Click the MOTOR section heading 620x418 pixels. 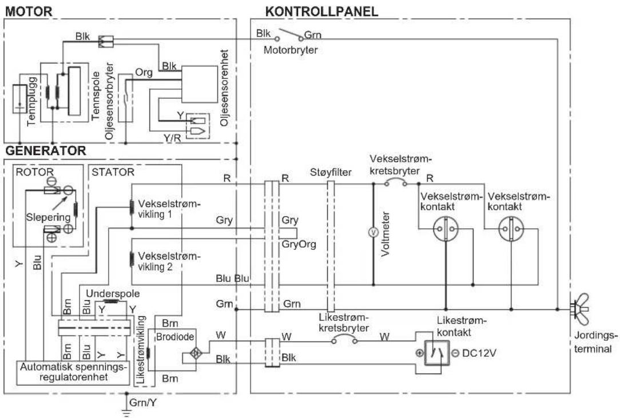(29, 11)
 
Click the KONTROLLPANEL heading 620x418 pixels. (321, 11)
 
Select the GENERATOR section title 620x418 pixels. (46, 150)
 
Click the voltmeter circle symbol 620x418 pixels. (373, 233)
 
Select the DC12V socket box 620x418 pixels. (436, 353)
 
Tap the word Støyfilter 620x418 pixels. (331, 172)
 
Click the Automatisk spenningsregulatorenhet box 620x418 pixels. (73, 372)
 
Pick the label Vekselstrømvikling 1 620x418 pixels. (169, 209)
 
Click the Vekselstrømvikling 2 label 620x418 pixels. (169, 261)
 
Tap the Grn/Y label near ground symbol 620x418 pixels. (143, 403)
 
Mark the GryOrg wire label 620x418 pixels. (299, 244)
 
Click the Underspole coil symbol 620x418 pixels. (112, 301)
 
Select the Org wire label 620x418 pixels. (144, 73)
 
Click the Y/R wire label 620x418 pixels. (172, 138)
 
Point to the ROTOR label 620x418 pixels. (34, 172)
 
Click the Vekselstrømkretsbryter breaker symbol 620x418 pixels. (396, 183)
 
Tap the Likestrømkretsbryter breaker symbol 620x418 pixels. (344, 339)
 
